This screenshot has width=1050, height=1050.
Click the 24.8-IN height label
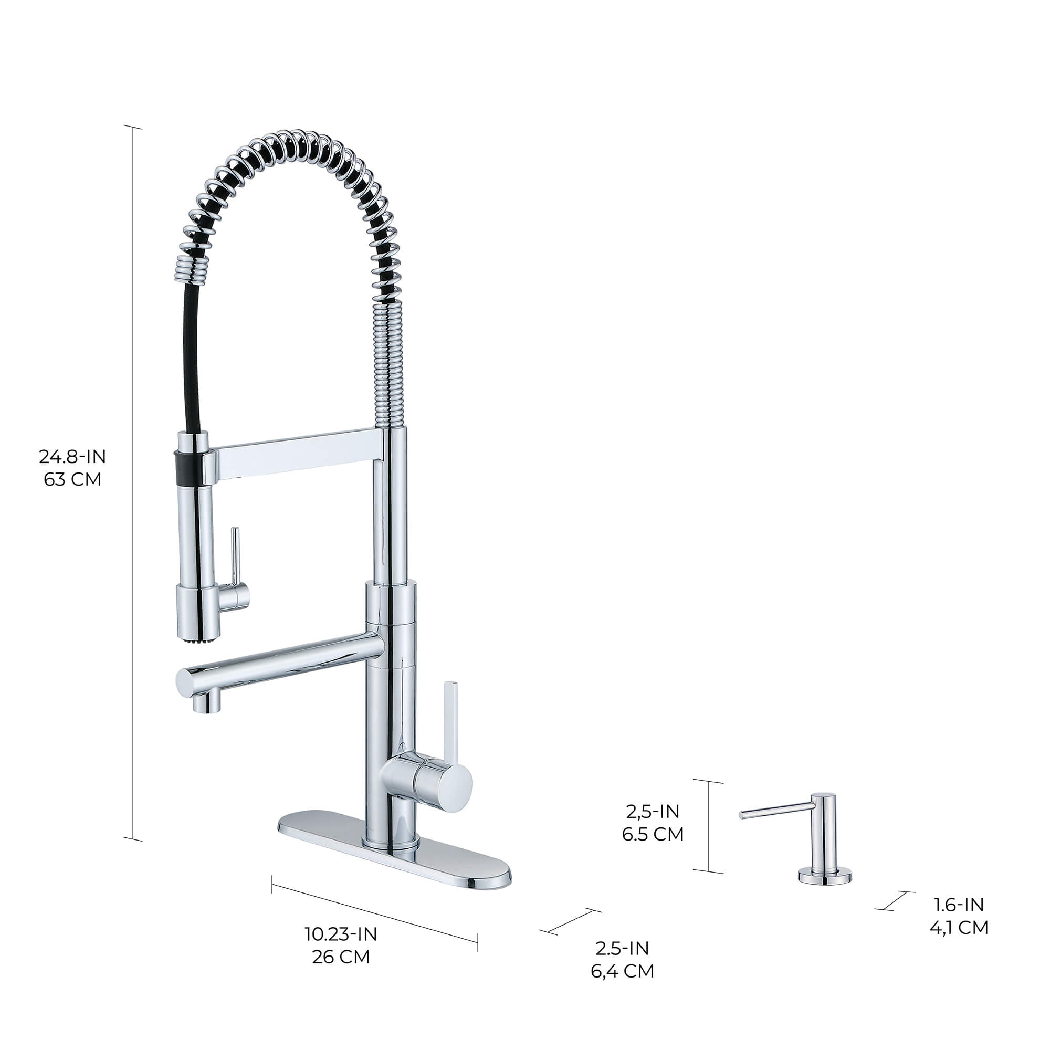(x=72, y=457)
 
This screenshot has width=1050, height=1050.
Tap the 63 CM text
(x=72, y=480)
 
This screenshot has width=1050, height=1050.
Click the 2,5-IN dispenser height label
(x=653, y=812)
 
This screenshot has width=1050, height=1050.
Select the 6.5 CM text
(x=653, y=834)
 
